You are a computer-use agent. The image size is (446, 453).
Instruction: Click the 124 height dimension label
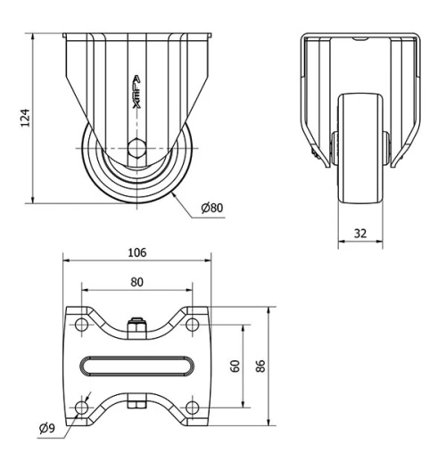(x=26, y=118)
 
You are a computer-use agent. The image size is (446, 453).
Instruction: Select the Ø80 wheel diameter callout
(x=212, y=208)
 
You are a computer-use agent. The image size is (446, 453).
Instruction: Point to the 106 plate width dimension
(x=137, y=252)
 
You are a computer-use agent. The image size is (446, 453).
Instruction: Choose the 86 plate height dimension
(x=260, y=367)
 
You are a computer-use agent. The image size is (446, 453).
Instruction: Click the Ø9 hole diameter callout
(x=49, y=427)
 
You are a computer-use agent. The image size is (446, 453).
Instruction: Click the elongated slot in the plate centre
(x=137, y=367)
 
